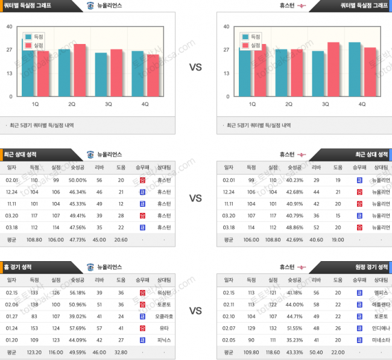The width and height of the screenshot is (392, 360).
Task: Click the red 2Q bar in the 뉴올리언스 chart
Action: pos(79,70)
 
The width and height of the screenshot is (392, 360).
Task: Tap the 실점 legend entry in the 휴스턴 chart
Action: pos(252,45)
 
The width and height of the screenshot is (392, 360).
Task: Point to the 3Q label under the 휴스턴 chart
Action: pos(326,104)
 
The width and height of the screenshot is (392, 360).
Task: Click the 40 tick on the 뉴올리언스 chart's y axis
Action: pos(10,27)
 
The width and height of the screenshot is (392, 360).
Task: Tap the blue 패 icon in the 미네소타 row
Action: pos(359,340)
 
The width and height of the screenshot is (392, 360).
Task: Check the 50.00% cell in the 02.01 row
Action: pos(77,180)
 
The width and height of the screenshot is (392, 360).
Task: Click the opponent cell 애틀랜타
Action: pos(381,305)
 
